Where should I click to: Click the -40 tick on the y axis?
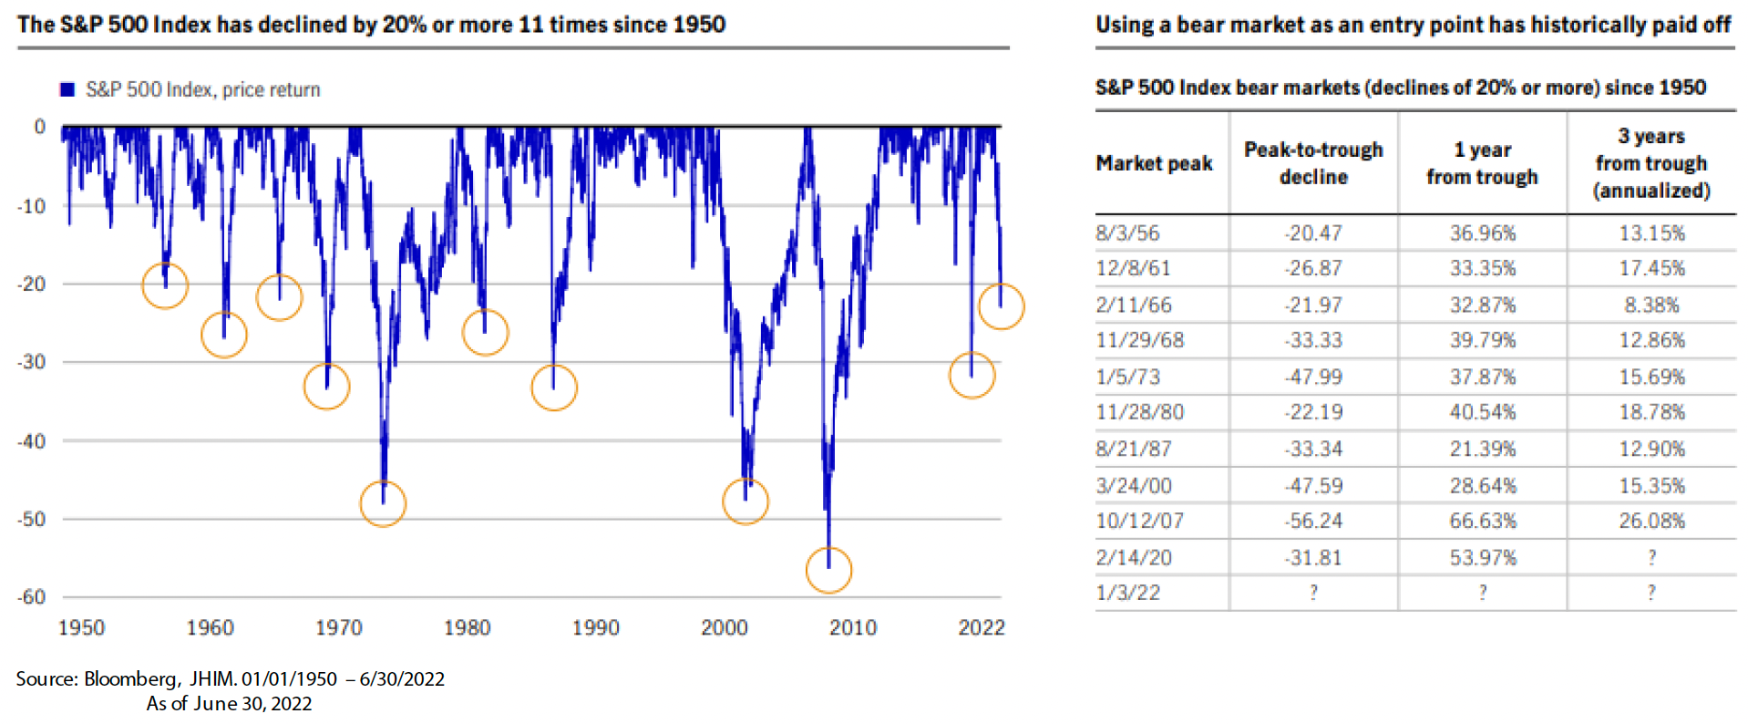click(33, 441)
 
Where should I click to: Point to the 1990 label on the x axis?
click(595, 627)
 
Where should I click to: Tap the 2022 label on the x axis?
click(981, 627)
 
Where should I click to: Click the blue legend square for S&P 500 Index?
click(67, 89)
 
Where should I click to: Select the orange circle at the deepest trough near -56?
click(828, 570)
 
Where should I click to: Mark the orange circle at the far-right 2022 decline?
click(1001, 306)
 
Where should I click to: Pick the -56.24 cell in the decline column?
click(1313, 521)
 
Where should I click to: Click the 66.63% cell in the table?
click(1483, 521)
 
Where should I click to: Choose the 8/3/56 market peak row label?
click(1127, 233)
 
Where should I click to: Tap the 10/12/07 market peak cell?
click(1139, 521)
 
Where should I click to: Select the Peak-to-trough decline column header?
click(1313, 163)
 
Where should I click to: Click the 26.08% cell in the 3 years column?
click(1651, 521)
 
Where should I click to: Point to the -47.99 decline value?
click(1313, 377)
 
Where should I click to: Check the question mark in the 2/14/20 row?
click(1651, 557)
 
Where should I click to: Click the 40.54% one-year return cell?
click(1483, 412)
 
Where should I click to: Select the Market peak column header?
click(1154, 163)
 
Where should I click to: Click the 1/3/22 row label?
click(1127, 593)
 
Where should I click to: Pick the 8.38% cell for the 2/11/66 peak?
click(1651, 305)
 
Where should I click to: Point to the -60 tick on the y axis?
click(33, 597)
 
